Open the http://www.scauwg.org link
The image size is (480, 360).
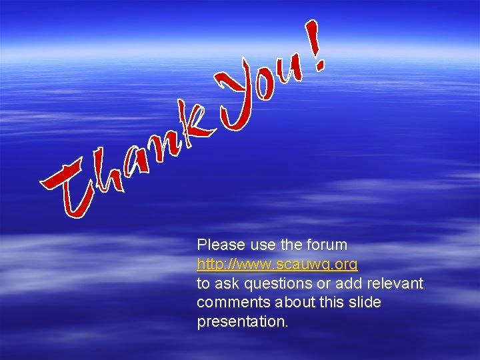coord(277,264)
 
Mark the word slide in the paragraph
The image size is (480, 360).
coord(364,302)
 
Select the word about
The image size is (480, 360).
coord(290,302)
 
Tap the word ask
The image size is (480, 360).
coord(227,283)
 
